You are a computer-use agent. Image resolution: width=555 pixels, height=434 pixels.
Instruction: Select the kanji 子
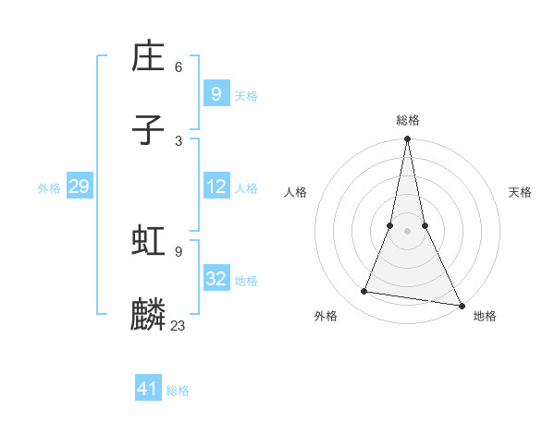click(149, 131)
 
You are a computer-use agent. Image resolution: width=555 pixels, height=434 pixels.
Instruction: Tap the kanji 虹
click(149, 242)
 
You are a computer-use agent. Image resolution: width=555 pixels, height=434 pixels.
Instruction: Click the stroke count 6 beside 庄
click(179, 67)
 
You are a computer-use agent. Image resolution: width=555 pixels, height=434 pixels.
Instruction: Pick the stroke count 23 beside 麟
click(179, 325)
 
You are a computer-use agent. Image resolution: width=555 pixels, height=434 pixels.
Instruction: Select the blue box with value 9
click(216, 93)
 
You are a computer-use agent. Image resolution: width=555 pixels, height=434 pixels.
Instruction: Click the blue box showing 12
click(216, 187)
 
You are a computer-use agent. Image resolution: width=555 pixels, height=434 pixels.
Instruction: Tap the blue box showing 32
click(216, 279)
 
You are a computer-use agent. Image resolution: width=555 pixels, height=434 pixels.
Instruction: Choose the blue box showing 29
click(79, 187)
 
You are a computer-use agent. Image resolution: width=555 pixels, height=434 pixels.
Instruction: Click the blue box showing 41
click(148, 389)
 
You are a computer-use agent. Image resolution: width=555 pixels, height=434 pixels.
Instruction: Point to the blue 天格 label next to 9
click(246, 95)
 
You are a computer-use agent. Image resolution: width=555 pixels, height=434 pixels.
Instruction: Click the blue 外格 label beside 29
click(49, 188)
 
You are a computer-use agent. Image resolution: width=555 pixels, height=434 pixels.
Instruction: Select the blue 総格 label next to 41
click(178, 391)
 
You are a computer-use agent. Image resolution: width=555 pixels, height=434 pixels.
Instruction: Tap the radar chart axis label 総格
click(408, 120)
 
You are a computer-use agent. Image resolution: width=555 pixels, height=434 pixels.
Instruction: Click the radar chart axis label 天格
click(520, 192)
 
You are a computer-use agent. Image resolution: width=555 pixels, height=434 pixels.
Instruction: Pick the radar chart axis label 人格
click(295, 192)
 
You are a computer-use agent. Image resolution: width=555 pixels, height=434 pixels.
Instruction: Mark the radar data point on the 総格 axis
click(407, 139)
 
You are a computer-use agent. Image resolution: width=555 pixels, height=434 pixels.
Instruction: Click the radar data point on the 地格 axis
click(461, 305)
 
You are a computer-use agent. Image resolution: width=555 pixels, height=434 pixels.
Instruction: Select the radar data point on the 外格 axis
click(364, 292)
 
